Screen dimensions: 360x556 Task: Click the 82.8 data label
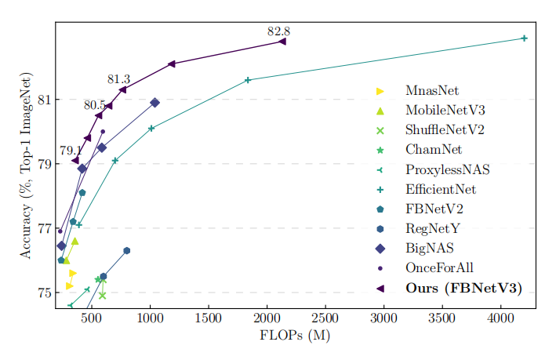[278, 31]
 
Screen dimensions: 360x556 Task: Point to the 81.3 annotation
[118, 79]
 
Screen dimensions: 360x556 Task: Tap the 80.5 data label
[94, 104]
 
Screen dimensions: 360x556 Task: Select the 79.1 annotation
[71, 151]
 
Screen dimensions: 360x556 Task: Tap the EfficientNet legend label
[441, 189]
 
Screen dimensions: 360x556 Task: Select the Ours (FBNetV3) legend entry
[463, 288]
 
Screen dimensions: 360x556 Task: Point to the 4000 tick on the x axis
[500, 318]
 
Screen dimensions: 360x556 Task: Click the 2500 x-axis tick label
[325, 318]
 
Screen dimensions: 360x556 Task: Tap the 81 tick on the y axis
[45, 100]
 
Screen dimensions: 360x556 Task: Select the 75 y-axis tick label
[45, 293]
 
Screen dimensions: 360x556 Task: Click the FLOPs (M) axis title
[295, 336]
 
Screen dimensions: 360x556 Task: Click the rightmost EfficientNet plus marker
[524, 38]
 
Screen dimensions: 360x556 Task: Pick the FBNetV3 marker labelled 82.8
[282, 42]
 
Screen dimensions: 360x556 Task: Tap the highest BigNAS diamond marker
[155, 103]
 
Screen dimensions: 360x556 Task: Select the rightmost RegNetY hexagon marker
[126, 251]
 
